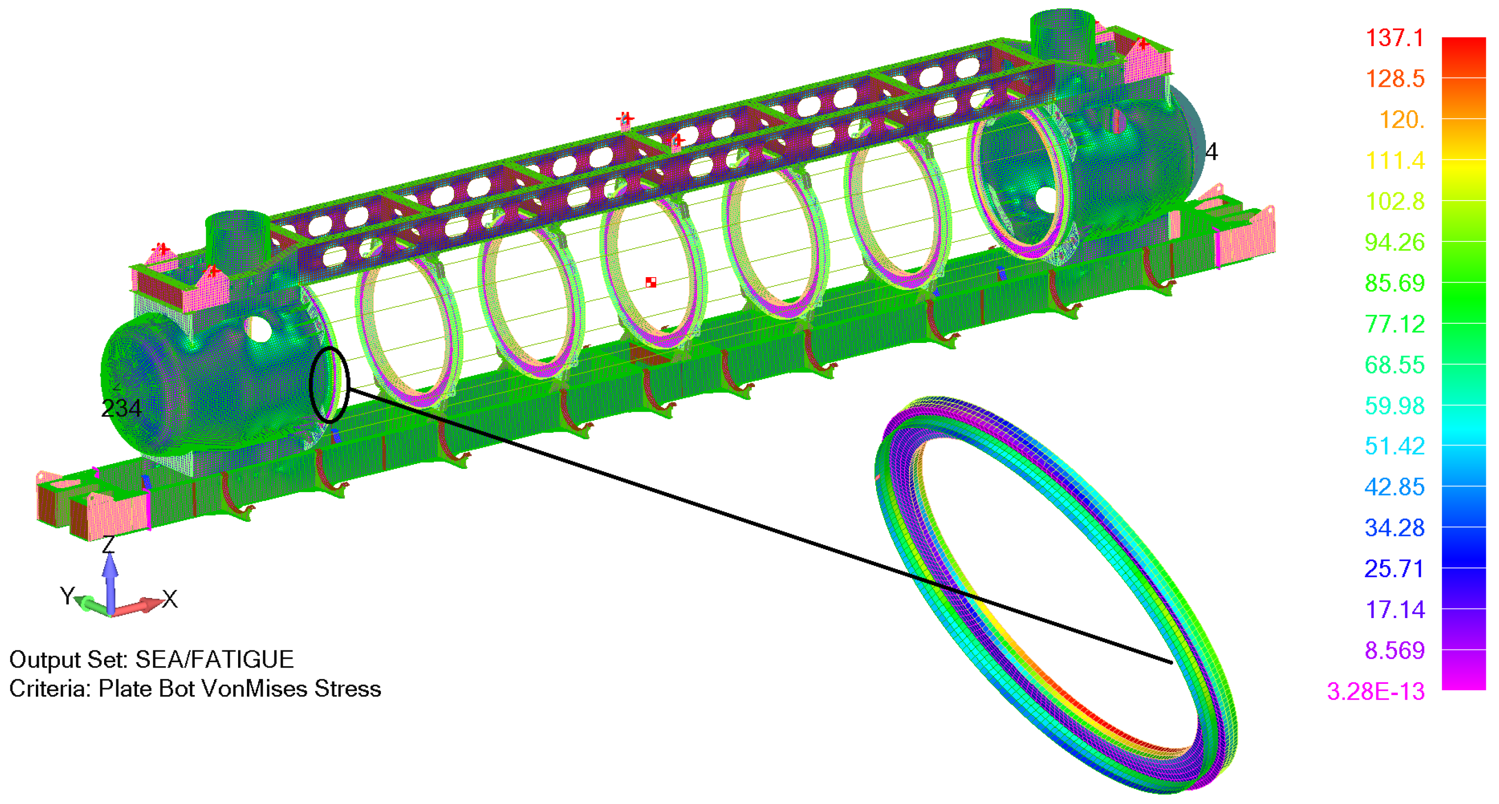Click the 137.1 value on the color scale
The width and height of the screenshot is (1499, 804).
1394,38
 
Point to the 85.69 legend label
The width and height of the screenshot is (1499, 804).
1394,284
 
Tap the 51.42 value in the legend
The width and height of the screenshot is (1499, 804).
1394,446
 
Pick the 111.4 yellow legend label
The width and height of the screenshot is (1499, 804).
1394,160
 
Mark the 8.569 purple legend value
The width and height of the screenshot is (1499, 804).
1394,650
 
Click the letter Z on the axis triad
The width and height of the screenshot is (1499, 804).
109,545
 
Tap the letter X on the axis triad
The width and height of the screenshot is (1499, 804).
170,599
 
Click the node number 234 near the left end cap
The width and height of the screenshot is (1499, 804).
121,409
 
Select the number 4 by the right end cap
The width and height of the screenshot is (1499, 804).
1211,152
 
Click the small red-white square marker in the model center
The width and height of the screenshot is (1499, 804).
650,282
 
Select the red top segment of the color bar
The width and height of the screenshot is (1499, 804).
1463,55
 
